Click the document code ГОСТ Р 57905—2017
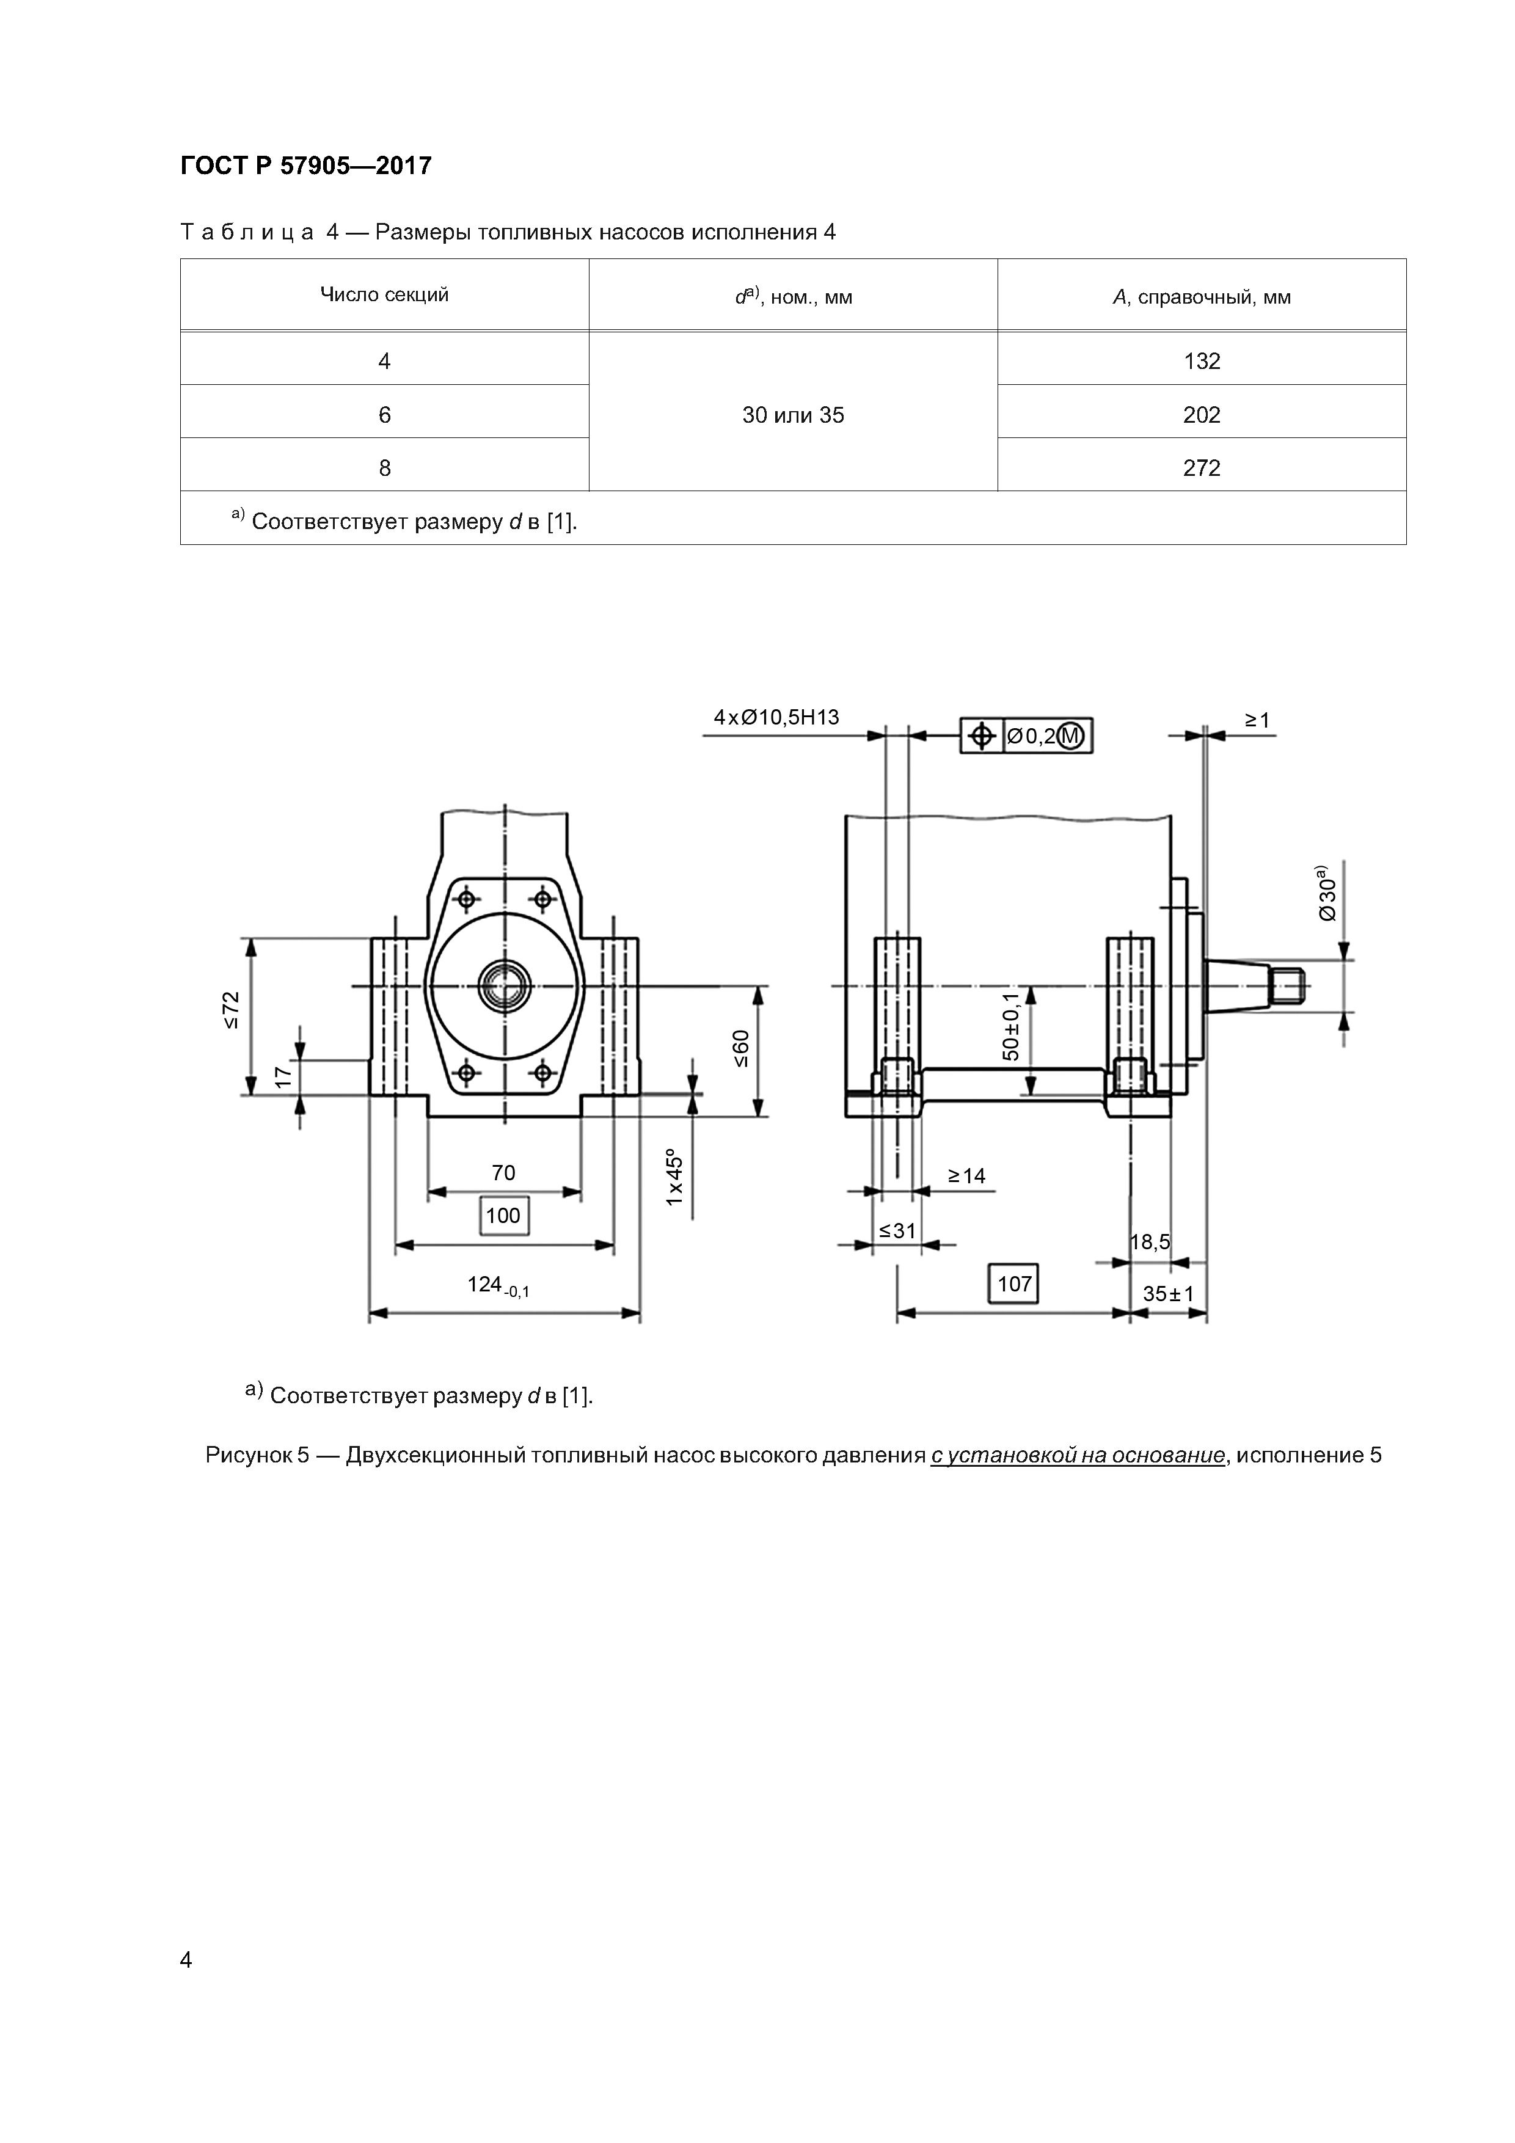pos(305,166)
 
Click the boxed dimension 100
pos(504,1215)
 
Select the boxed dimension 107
pos(1013,1283)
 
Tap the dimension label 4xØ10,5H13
pos(776,717)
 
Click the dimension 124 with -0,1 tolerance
pos(497,1286)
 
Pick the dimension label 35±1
pos(1168,1294)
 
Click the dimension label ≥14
pos(966,1176)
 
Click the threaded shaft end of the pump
pos(1291,987)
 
